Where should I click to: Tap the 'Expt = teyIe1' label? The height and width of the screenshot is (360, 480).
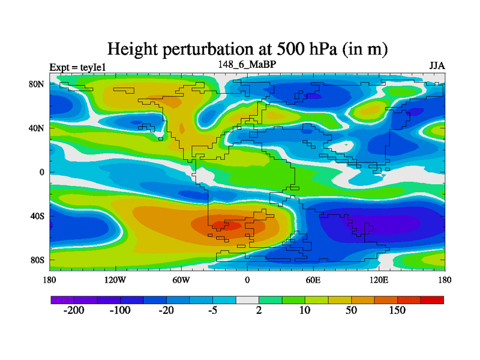coord(77,67)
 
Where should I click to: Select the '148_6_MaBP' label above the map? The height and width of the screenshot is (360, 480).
coord(247,64)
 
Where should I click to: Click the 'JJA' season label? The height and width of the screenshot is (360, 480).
coord(436,65)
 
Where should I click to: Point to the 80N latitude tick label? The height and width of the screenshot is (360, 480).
coord(37,85)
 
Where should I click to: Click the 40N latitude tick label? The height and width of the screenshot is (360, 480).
coord(37,128)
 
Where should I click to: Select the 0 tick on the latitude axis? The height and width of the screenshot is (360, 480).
coord(42,172)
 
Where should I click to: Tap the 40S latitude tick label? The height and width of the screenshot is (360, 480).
coord(37,216)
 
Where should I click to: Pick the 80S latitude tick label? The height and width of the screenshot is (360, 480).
coord(37,260)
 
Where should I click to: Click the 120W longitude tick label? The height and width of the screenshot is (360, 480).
coord(115,280)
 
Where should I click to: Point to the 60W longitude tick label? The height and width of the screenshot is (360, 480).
coord(181,280)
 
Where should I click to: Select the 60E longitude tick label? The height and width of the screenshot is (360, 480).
coord(313,280)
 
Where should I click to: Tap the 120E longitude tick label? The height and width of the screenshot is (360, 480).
coord(379,280)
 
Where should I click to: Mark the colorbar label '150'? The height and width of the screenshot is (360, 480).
coord(397,311)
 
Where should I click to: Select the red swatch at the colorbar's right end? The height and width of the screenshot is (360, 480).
coord(432,299)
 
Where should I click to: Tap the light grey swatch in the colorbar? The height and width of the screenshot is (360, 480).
coord(247,299)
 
